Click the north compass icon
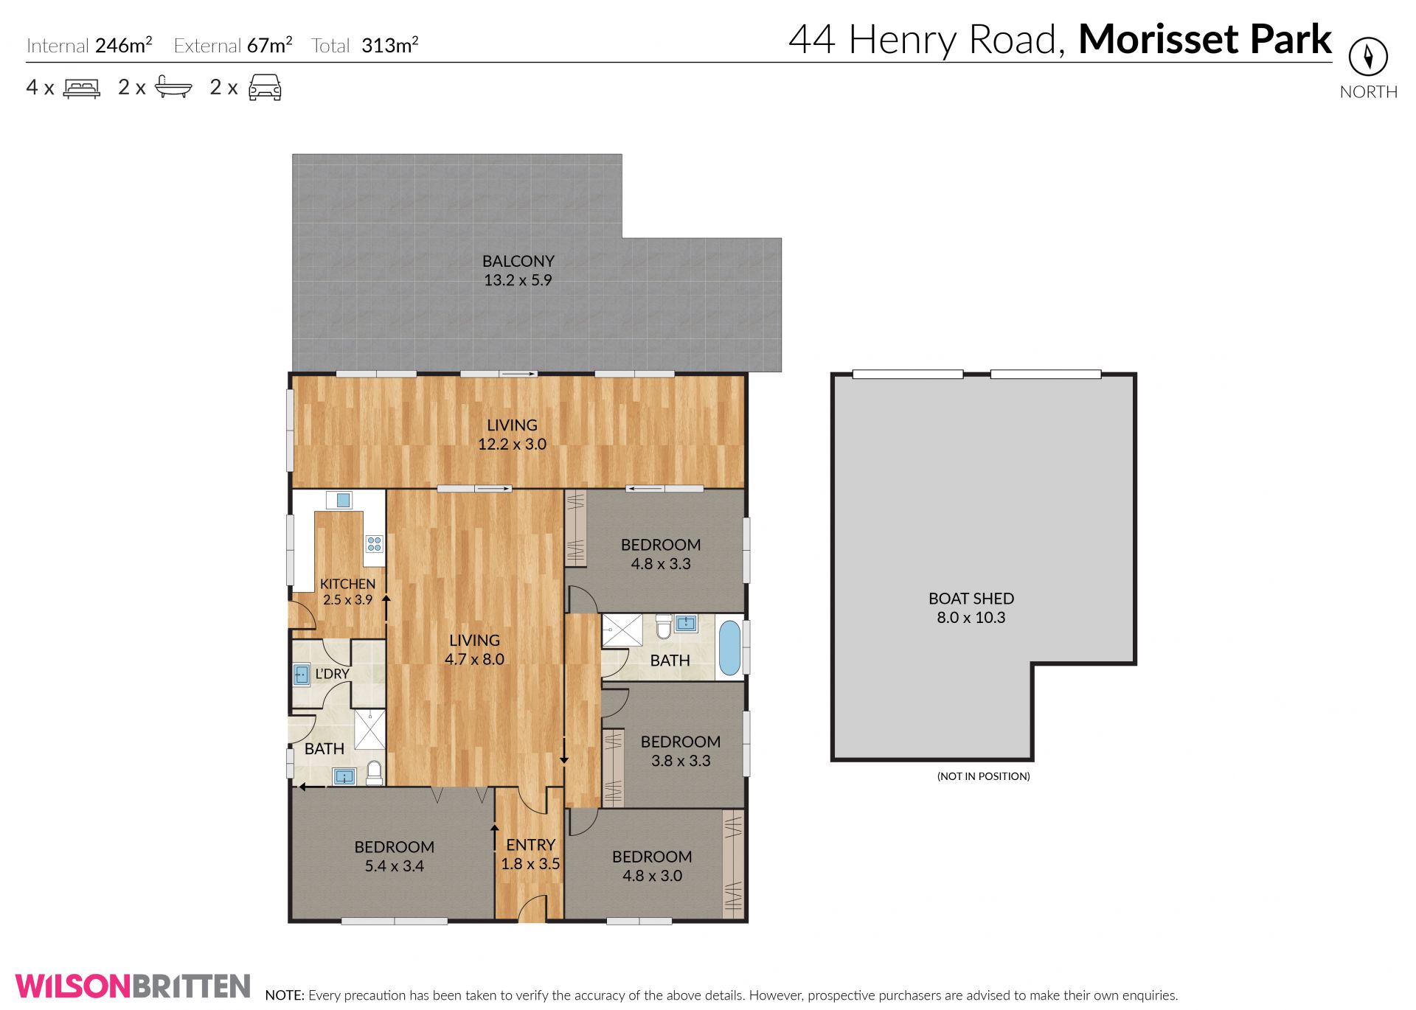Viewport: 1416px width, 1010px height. [x=1368, y=56]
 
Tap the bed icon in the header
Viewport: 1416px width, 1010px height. [x=82, y=88]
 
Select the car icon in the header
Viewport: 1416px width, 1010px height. [x=265, y=87]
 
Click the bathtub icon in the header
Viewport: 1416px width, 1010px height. [x=173, y=88]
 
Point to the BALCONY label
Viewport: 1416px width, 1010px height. [x=518, y=261]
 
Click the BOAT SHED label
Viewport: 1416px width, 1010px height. [x=971, y=599]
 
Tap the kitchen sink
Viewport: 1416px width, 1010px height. [x=343, y=501]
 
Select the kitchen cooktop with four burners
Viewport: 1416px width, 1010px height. [x=375, y=544]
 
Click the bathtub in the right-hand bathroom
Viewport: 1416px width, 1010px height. [x=729, y=648]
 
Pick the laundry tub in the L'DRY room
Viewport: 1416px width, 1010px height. [x=302, y=675]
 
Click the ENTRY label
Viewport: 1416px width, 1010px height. [x=530, y=845]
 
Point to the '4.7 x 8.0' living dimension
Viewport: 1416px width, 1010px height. [x=474, y=659]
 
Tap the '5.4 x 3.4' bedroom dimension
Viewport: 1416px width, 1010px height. [x=394, y=866]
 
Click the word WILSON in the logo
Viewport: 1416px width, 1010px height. [x=73, y=986]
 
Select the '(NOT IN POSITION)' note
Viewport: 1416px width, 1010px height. [x=983, y=776]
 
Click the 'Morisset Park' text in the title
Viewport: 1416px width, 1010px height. [x=1205, y=39]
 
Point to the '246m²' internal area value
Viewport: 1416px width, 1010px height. [x=124, y=46]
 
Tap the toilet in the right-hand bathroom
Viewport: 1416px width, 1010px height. [x=664, y=627]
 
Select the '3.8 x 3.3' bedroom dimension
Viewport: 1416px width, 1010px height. [x=680, y=760]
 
